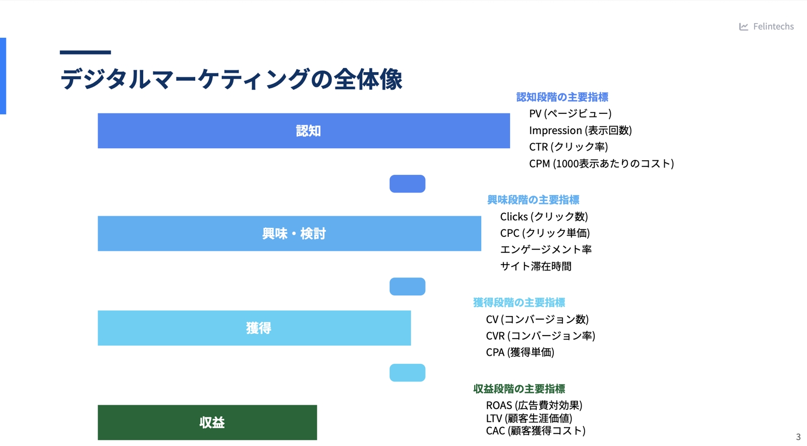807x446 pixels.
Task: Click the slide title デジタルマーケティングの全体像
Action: tap(231, 79)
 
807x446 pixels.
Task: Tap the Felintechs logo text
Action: tap(773, 26)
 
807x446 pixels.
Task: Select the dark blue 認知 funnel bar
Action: tap(304, 131)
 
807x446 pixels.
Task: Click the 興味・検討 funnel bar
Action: tap(290, 234)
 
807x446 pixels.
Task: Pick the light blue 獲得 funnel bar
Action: tap(254, 328)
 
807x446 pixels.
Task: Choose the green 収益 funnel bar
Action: tap(207, 422)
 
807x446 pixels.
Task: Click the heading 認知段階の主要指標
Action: tap(562, 97)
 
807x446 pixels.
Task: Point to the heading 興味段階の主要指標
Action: tap(533, 200)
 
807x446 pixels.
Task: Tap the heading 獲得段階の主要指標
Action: tap(519, 302)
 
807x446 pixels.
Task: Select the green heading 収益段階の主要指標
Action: tap(519, 389)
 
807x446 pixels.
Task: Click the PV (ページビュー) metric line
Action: tap(570, 113)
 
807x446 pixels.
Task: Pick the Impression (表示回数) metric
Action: tap(581, 130)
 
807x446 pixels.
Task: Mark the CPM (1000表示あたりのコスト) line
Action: tap(601, 163)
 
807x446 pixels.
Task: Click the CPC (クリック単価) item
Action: tap(545, 233)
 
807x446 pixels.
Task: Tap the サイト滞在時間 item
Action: tap(536, 267)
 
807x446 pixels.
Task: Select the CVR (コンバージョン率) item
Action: tap(540, 336)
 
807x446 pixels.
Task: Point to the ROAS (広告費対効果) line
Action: tap(534, 405)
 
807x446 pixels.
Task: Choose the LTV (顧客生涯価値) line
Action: tap(529, 418)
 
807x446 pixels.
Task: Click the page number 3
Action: tap(798, 437)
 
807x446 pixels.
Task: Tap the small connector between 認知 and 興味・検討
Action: tap(408, 183)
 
